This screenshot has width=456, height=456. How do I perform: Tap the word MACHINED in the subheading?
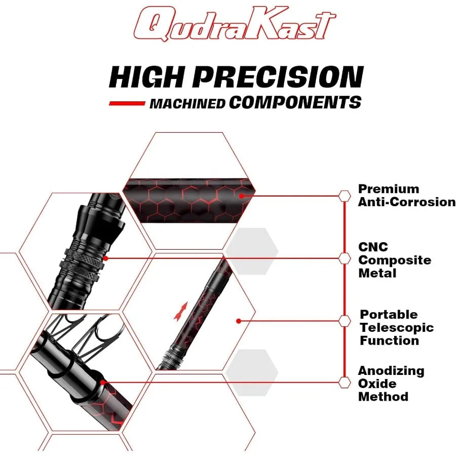click(187, 104)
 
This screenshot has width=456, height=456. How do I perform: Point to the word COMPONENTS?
click(295, 103)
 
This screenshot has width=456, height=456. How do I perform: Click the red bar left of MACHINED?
click(127, 103)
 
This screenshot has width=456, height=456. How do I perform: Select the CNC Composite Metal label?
click(395, 260)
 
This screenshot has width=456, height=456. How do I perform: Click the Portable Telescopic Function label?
click(397, 327)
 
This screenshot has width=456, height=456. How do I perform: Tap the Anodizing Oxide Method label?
click(391, 384)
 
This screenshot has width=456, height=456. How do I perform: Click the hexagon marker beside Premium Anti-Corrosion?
click(345, 196)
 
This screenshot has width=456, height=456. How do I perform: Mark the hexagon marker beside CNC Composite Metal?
click(345, 258)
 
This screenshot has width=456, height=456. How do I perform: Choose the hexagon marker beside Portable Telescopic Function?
click(345, 321)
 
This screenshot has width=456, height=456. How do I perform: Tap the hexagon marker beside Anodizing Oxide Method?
click(345, 383)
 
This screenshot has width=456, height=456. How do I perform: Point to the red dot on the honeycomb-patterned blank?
click(241, 196)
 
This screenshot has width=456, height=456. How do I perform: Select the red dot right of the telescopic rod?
click(239, 321)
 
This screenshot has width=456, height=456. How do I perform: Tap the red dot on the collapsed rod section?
click(102, 383)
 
